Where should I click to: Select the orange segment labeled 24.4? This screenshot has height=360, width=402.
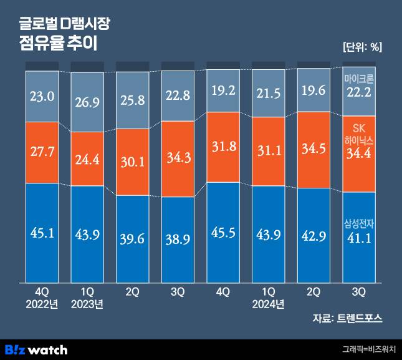click(87, 159)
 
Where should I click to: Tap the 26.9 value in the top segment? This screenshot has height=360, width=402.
click(87, 102)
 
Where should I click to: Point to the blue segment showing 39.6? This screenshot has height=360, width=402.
click(132, 238)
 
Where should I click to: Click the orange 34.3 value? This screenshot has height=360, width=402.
click(178, 159)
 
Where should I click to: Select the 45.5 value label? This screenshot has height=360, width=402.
click(223, 232)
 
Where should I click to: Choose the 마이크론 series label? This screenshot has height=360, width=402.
click(359, 79)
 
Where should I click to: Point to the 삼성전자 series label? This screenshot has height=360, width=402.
click(359, 224)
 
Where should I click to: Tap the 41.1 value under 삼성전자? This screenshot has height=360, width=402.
click(359, 238)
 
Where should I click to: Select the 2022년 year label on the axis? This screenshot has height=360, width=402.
click(42, 304)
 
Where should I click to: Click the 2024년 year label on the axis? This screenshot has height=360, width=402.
click(269, 304)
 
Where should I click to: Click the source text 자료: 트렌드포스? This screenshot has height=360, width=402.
click(347, 318)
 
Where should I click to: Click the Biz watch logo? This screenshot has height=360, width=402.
click(36, 349)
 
